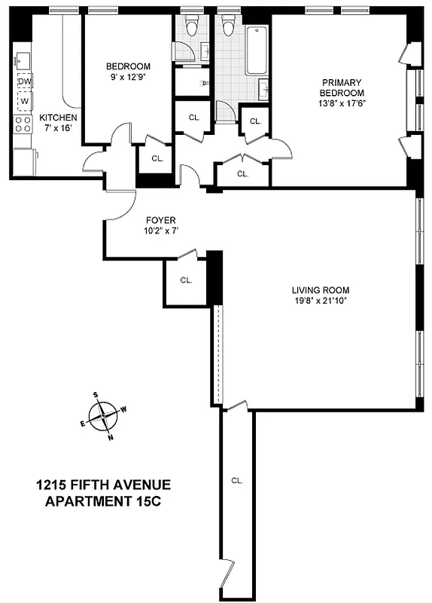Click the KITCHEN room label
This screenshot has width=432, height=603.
point(57,118)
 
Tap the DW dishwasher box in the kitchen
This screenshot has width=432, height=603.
point(25,81)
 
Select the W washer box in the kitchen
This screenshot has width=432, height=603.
point(25,100)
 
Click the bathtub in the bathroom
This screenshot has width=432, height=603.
point(257,51)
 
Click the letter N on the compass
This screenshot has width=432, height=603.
point(111,436)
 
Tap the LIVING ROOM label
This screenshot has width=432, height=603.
point(321,290)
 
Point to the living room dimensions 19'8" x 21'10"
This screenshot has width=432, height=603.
point(321,301)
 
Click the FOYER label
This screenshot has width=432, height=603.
point(160,221)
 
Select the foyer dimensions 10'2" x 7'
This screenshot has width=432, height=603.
point(160,231)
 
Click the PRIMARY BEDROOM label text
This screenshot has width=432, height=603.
point(342,87)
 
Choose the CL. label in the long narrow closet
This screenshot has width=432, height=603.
point(236,480)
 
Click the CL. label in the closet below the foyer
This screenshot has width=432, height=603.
point(186,280)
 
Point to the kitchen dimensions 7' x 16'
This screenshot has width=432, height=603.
point(57,128)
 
